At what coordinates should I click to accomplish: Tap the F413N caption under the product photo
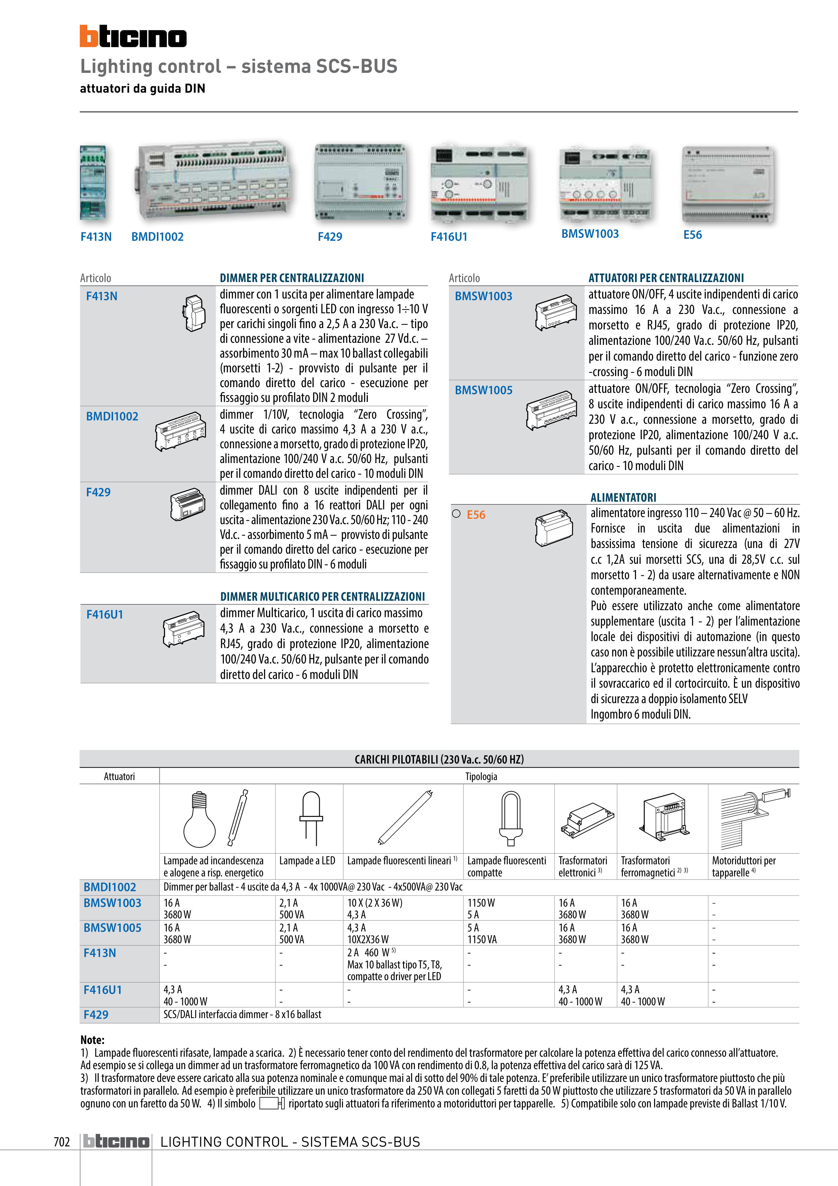tap(96, 237)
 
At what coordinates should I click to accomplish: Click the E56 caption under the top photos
tap(692, 235)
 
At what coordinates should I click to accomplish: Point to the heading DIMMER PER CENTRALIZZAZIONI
tap(292, 278)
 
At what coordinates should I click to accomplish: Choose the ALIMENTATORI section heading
tap(623, 497)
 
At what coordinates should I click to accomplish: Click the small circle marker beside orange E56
tap(456, 514)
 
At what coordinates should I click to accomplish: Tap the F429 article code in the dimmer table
tap(98, 492)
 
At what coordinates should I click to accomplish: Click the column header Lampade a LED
tap(307, 861)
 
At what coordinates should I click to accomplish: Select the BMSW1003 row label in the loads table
tap(112, 903)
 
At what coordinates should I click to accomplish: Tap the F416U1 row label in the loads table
tap(103, 990)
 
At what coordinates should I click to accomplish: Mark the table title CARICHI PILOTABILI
tap(439, 759)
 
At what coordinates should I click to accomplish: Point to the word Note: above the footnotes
tap(92, 1040)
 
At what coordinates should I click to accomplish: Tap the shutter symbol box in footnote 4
tap(272, 1103)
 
